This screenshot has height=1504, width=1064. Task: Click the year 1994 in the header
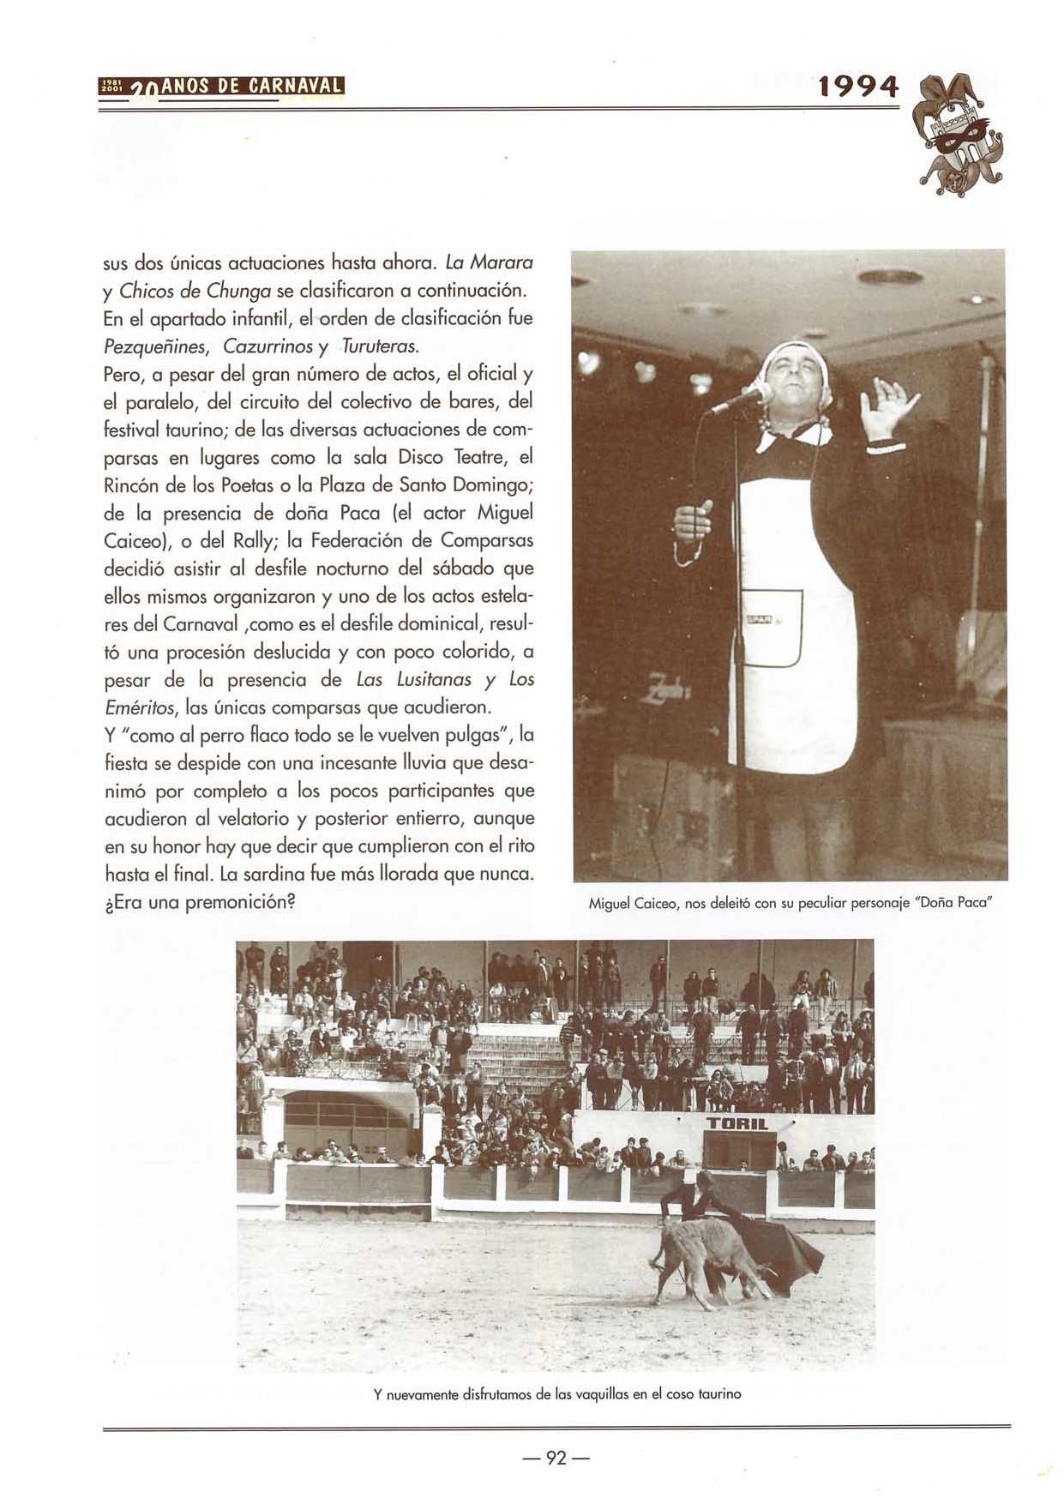[858, 87]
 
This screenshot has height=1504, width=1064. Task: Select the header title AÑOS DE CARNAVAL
[252, 87]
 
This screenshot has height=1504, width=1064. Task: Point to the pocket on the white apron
[772, 626]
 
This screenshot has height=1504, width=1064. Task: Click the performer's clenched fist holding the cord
[693, 520]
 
